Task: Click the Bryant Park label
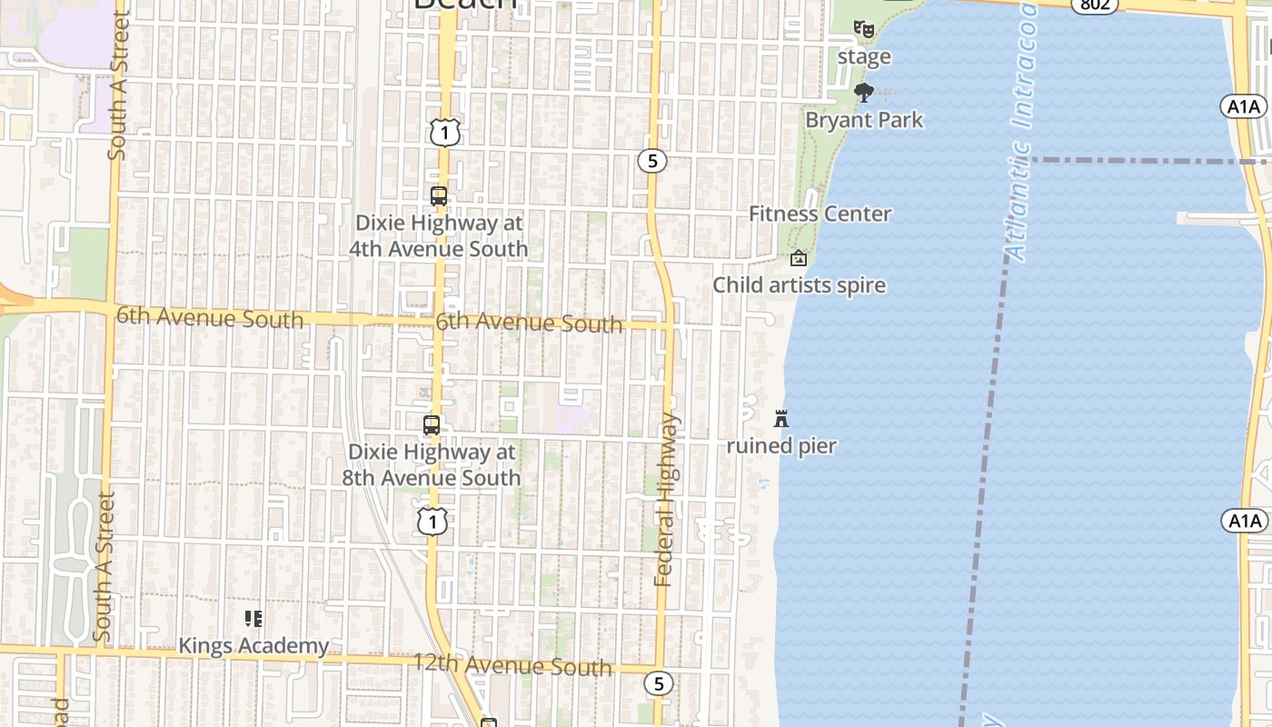point(864,120)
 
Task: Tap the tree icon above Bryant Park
point(864,92)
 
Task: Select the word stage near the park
point(864,57)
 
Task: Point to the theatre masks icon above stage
point(863,28)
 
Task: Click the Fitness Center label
point(820,214)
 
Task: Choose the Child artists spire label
point(799,285)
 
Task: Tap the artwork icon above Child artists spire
point(799,259)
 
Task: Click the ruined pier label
point(781,446)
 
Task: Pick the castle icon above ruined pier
point(781,419)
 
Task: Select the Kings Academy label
point(253,646)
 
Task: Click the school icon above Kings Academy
point(253,619)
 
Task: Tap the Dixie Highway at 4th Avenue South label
point(440,236)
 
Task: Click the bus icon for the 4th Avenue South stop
point(439,196)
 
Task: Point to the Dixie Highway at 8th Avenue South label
point(432,464)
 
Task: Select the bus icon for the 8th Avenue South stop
point(432,425)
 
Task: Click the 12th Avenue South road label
point(512,665)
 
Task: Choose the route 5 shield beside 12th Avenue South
point(659,683)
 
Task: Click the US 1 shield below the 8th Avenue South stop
point(433,522)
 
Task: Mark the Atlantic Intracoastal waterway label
point(1021,136)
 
